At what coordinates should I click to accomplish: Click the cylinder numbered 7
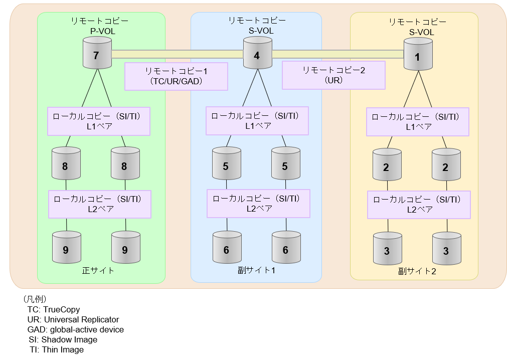click(x=97, y=55)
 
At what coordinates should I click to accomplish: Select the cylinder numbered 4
click(x=257, y=55)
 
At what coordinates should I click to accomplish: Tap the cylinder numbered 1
click(x=418, y=57)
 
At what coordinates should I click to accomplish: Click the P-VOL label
click(x=100, y=31)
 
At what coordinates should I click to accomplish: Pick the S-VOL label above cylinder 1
click(x=421, y=32)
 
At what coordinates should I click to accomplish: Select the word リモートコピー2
click(x=333, y=70)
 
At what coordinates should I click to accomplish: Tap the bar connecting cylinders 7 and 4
click(x=177, y=54)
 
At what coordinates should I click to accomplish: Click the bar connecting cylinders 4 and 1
click(x=338, y=54)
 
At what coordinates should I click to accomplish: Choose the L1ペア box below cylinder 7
click(x=99, y=121)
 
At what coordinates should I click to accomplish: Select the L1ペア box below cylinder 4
click(x=257, y=120)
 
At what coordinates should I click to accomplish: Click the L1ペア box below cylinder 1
click(x=418, y=121)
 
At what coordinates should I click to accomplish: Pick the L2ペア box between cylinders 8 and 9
click(x=100, y=204)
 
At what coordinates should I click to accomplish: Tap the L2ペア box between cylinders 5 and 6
click(x=259, y=203)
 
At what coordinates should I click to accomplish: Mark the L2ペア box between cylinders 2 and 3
click(x=419, y=204)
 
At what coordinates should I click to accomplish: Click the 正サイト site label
click(x=98, y=270)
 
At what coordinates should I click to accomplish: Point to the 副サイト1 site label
click(x=256, y=270)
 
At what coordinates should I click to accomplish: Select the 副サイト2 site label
click(x=417, y=271)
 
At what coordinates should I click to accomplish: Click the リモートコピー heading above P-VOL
click(x=100, y=21)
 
